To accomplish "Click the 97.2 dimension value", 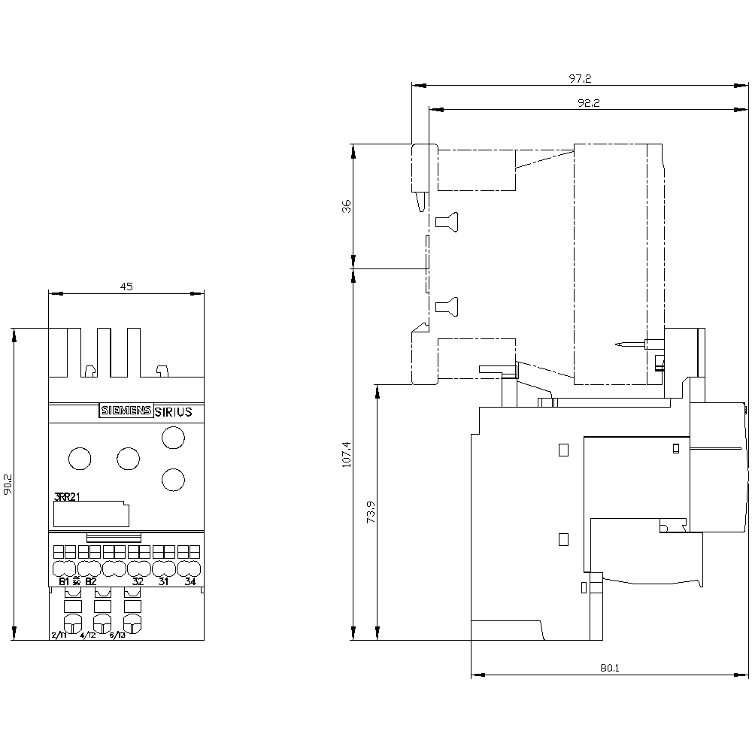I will pos(581,78).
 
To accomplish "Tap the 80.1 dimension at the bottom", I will pos(610,666).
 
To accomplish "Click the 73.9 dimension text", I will pos(371,513).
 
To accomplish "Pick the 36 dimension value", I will pos(347,206).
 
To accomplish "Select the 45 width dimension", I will pos(126,286).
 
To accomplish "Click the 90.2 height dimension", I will pos(8,484).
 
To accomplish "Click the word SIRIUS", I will pos(174,411).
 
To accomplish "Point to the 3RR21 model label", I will pos(68,497).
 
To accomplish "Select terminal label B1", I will pos(63,581).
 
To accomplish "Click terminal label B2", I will pos(90,581).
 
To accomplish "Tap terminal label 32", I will pos(138,581).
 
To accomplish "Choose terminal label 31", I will pos(164,581).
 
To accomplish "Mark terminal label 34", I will pos(190,581).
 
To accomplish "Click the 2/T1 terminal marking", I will pos(59,635).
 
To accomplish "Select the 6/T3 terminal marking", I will pos(117,635).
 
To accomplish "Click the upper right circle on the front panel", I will pos(174,437).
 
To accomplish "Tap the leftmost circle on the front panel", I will pos(79,457).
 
